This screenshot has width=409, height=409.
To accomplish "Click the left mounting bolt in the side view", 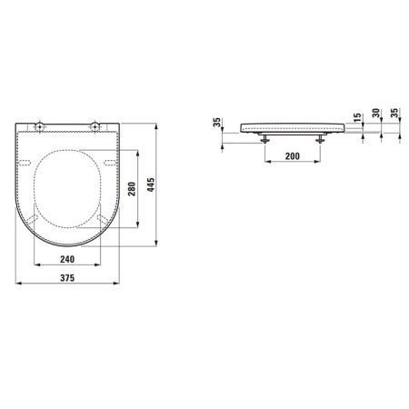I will pos(264,139).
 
